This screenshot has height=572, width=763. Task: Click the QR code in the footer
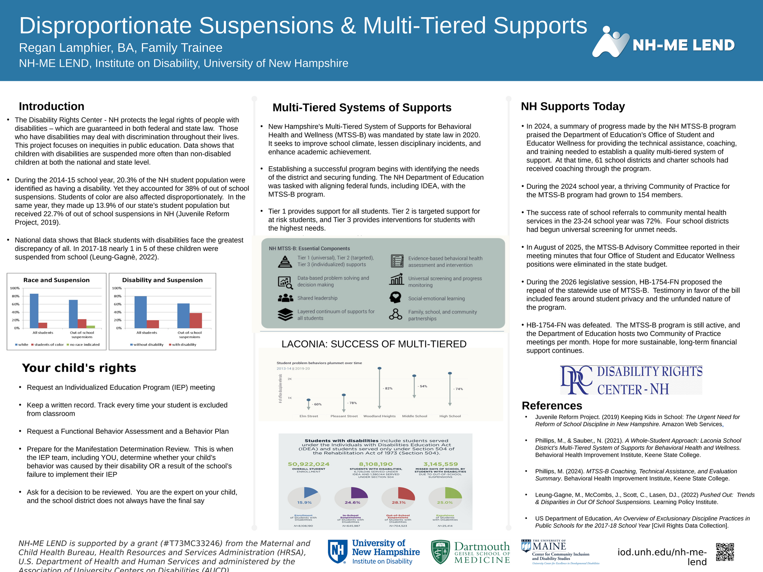725,552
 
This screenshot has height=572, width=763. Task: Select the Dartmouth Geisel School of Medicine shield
440,552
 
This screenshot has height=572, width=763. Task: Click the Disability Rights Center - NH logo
631,380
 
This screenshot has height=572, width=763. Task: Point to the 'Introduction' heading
52,106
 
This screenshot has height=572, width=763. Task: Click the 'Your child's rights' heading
79,368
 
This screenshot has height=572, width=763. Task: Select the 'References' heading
552,405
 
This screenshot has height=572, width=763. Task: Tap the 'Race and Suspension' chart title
56,280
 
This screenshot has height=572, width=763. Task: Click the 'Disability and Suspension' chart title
162,280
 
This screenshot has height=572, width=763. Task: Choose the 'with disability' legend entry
184,345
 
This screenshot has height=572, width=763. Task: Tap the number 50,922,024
309,464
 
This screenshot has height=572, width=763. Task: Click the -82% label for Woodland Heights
388,388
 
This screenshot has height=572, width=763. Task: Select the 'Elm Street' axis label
309,416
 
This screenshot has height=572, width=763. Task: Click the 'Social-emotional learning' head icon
396,297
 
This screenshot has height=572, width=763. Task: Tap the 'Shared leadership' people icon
285,298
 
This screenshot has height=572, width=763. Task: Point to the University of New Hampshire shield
338,551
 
